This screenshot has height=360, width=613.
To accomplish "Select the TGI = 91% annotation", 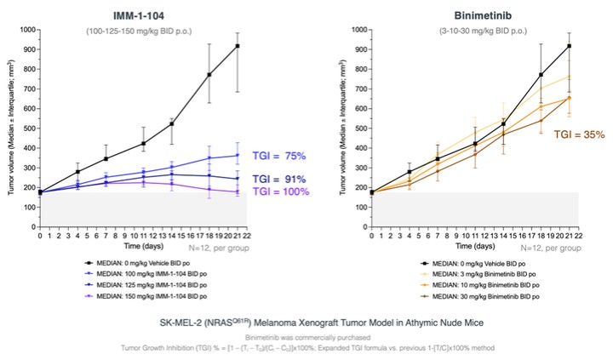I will coord(283,179).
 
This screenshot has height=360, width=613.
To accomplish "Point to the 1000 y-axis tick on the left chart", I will coord(27,30).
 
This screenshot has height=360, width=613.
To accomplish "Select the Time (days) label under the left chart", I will coord(139,244).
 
